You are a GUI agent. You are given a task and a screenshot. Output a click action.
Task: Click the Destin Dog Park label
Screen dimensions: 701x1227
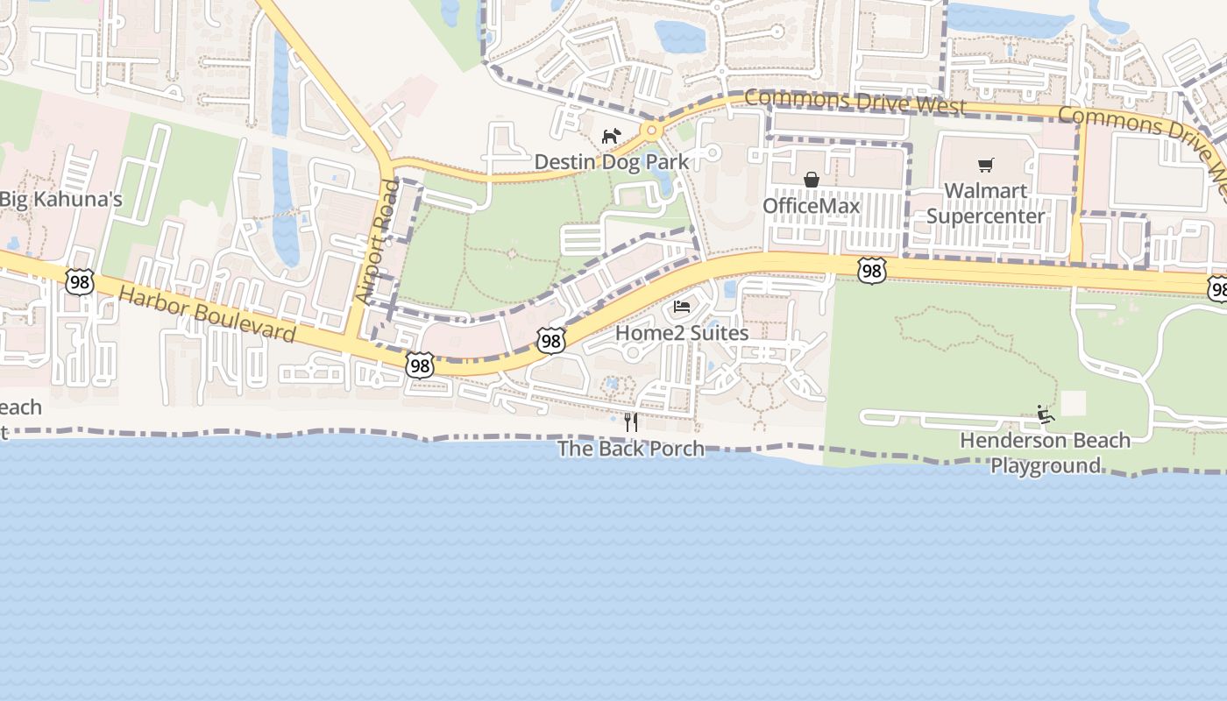pos(612,162)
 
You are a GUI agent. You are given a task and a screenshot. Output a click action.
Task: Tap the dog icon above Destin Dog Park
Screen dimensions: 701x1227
pos(611,137)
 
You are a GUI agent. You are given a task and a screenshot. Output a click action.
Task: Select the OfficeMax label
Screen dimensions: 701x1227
pos(811,206)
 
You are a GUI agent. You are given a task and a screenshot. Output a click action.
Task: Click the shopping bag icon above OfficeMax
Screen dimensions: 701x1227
pos(812,180)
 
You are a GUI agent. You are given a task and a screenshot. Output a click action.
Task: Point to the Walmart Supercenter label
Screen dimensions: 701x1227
pos(985,203)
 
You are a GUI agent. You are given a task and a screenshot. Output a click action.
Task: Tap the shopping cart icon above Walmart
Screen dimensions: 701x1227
pos(986,165)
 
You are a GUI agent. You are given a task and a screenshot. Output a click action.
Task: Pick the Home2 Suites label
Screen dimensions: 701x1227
pos(682,333)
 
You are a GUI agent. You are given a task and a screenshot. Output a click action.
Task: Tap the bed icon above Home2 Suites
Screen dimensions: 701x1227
pos(682,307)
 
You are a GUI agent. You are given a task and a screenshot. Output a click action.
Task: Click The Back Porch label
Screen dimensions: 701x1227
pos(631,449)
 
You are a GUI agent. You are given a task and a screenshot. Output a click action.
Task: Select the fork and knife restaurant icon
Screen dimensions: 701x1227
pos(630,422)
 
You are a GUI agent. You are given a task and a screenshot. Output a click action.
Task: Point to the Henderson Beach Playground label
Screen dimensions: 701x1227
pos(1046,452)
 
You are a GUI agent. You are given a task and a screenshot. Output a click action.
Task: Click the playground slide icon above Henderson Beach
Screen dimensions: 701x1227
pos(1045,414)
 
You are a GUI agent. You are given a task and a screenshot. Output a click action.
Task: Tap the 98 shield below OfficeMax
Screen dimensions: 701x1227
pos(871,271)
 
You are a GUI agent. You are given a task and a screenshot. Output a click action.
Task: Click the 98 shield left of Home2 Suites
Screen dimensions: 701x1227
pos(550,341)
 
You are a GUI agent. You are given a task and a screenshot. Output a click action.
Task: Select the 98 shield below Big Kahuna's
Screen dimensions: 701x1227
pos(80,282)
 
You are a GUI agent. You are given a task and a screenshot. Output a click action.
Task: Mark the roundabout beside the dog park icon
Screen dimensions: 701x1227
pos(651,131)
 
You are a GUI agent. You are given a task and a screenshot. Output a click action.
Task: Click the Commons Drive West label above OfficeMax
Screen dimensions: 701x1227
pos(855,102)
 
